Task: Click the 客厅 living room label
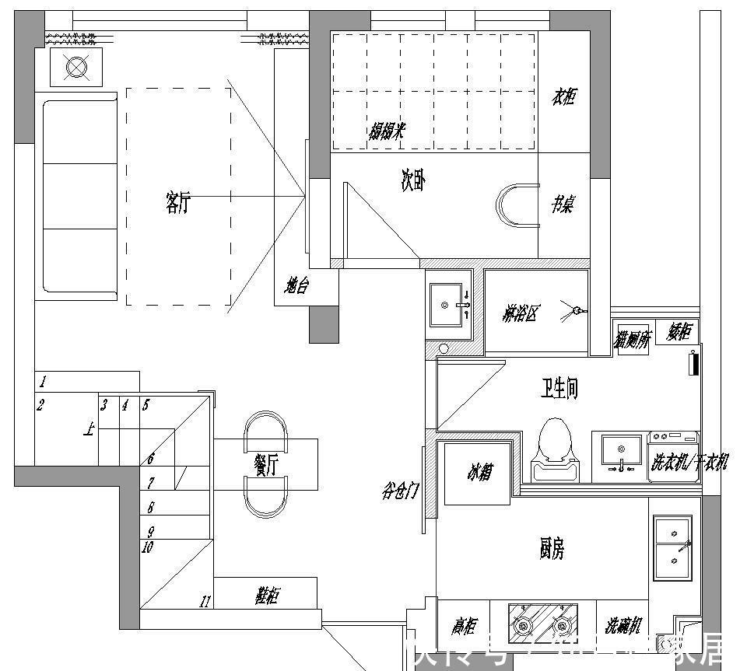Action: pyautogui.click(x=177, y=203)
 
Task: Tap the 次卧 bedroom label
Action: pyautogui.click(x=412, y=182)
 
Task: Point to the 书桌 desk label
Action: pyautogui.click(x=563, y=204)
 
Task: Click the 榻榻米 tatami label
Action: pyautogui.click(x=387, y=131)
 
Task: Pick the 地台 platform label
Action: pyautogui.click(x=296, y=287)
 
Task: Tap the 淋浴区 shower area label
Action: pyautogui.click(x=521, y=315)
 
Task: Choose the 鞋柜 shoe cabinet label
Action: pyautogui.click(x=266, y=596)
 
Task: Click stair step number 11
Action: pyautogui.click(x=205, y=601)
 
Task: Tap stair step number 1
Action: pyautogui.click(x=43, y=382)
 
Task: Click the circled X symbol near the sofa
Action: pyautogui.click(x=75, y=68)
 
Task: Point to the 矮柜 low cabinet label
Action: pyautogui.click(x=679, y=333)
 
